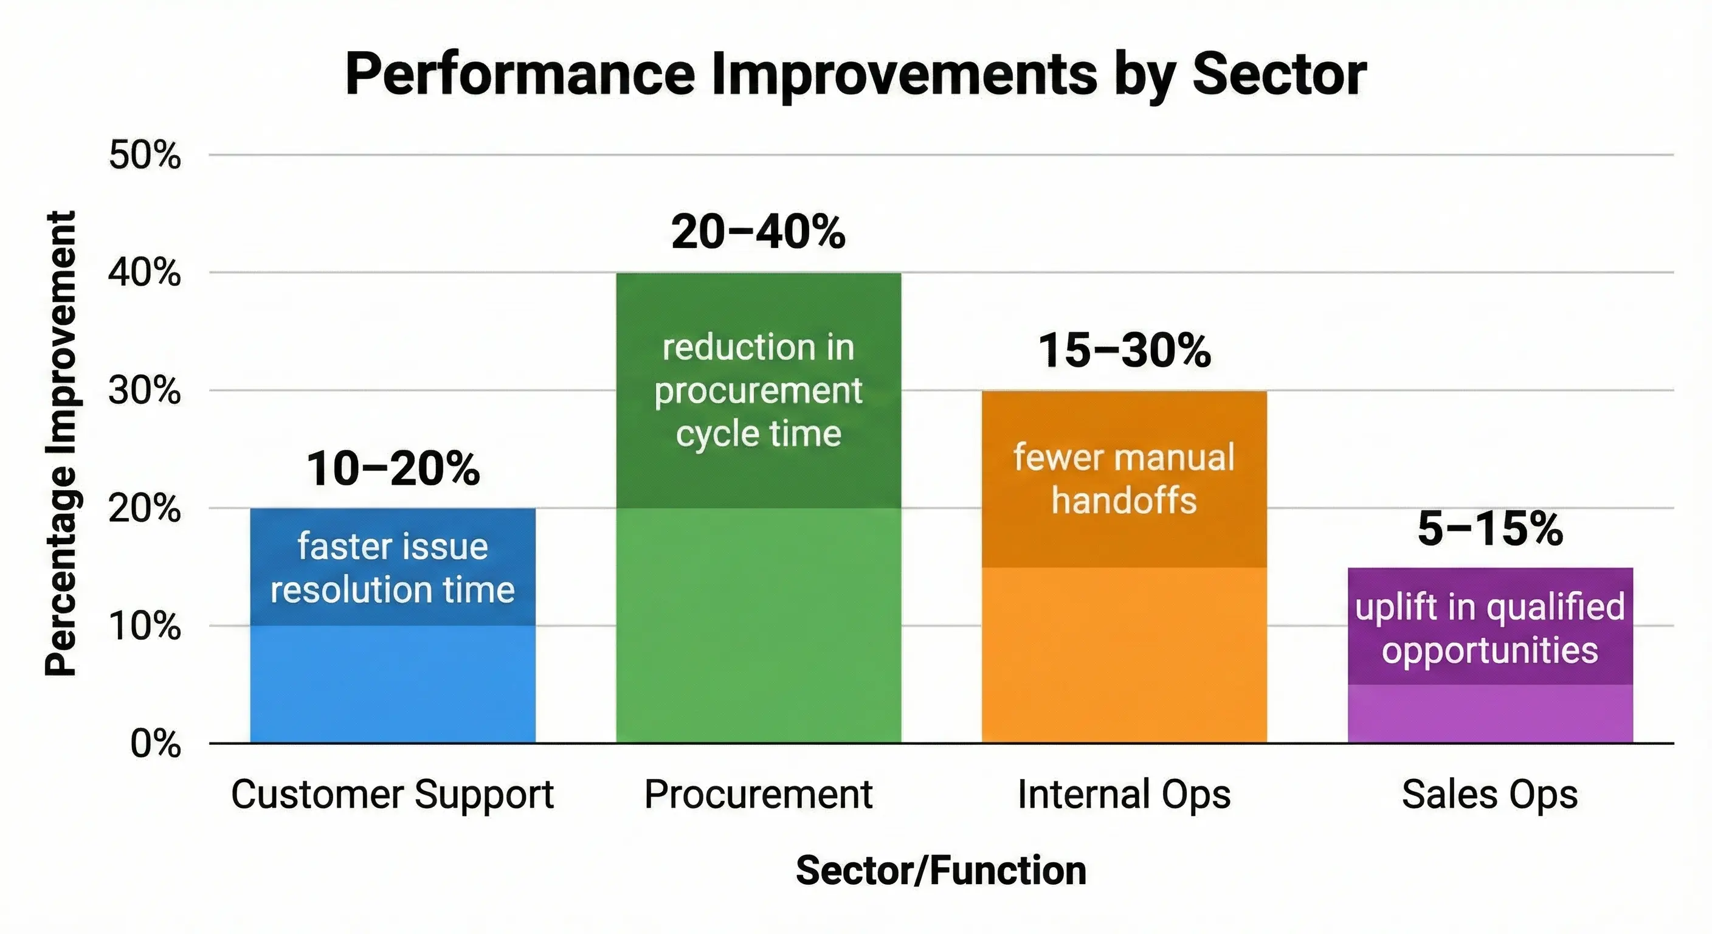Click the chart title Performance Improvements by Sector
(855, 74)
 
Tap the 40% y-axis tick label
(145, 272)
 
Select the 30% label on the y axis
(145, 390)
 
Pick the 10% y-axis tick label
(145, 626)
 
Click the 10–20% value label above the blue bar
(393, 468)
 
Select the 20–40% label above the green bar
(758, 232)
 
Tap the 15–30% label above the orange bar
(1125, 350)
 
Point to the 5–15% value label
(1490, 528)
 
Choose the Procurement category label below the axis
(758, 794)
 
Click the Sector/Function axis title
(941, 871)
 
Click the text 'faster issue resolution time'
(393, 568)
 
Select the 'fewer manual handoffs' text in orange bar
(1125, 479)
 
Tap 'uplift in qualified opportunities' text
(1490, 628)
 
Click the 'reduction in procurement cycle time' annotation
(758, 390)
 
